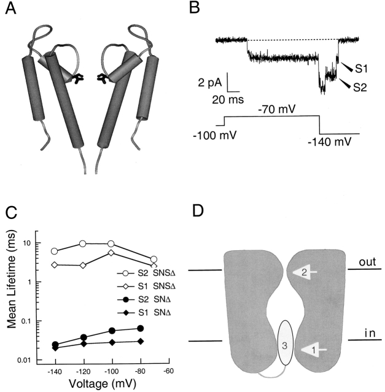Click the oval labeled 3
tap(284, 345)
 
